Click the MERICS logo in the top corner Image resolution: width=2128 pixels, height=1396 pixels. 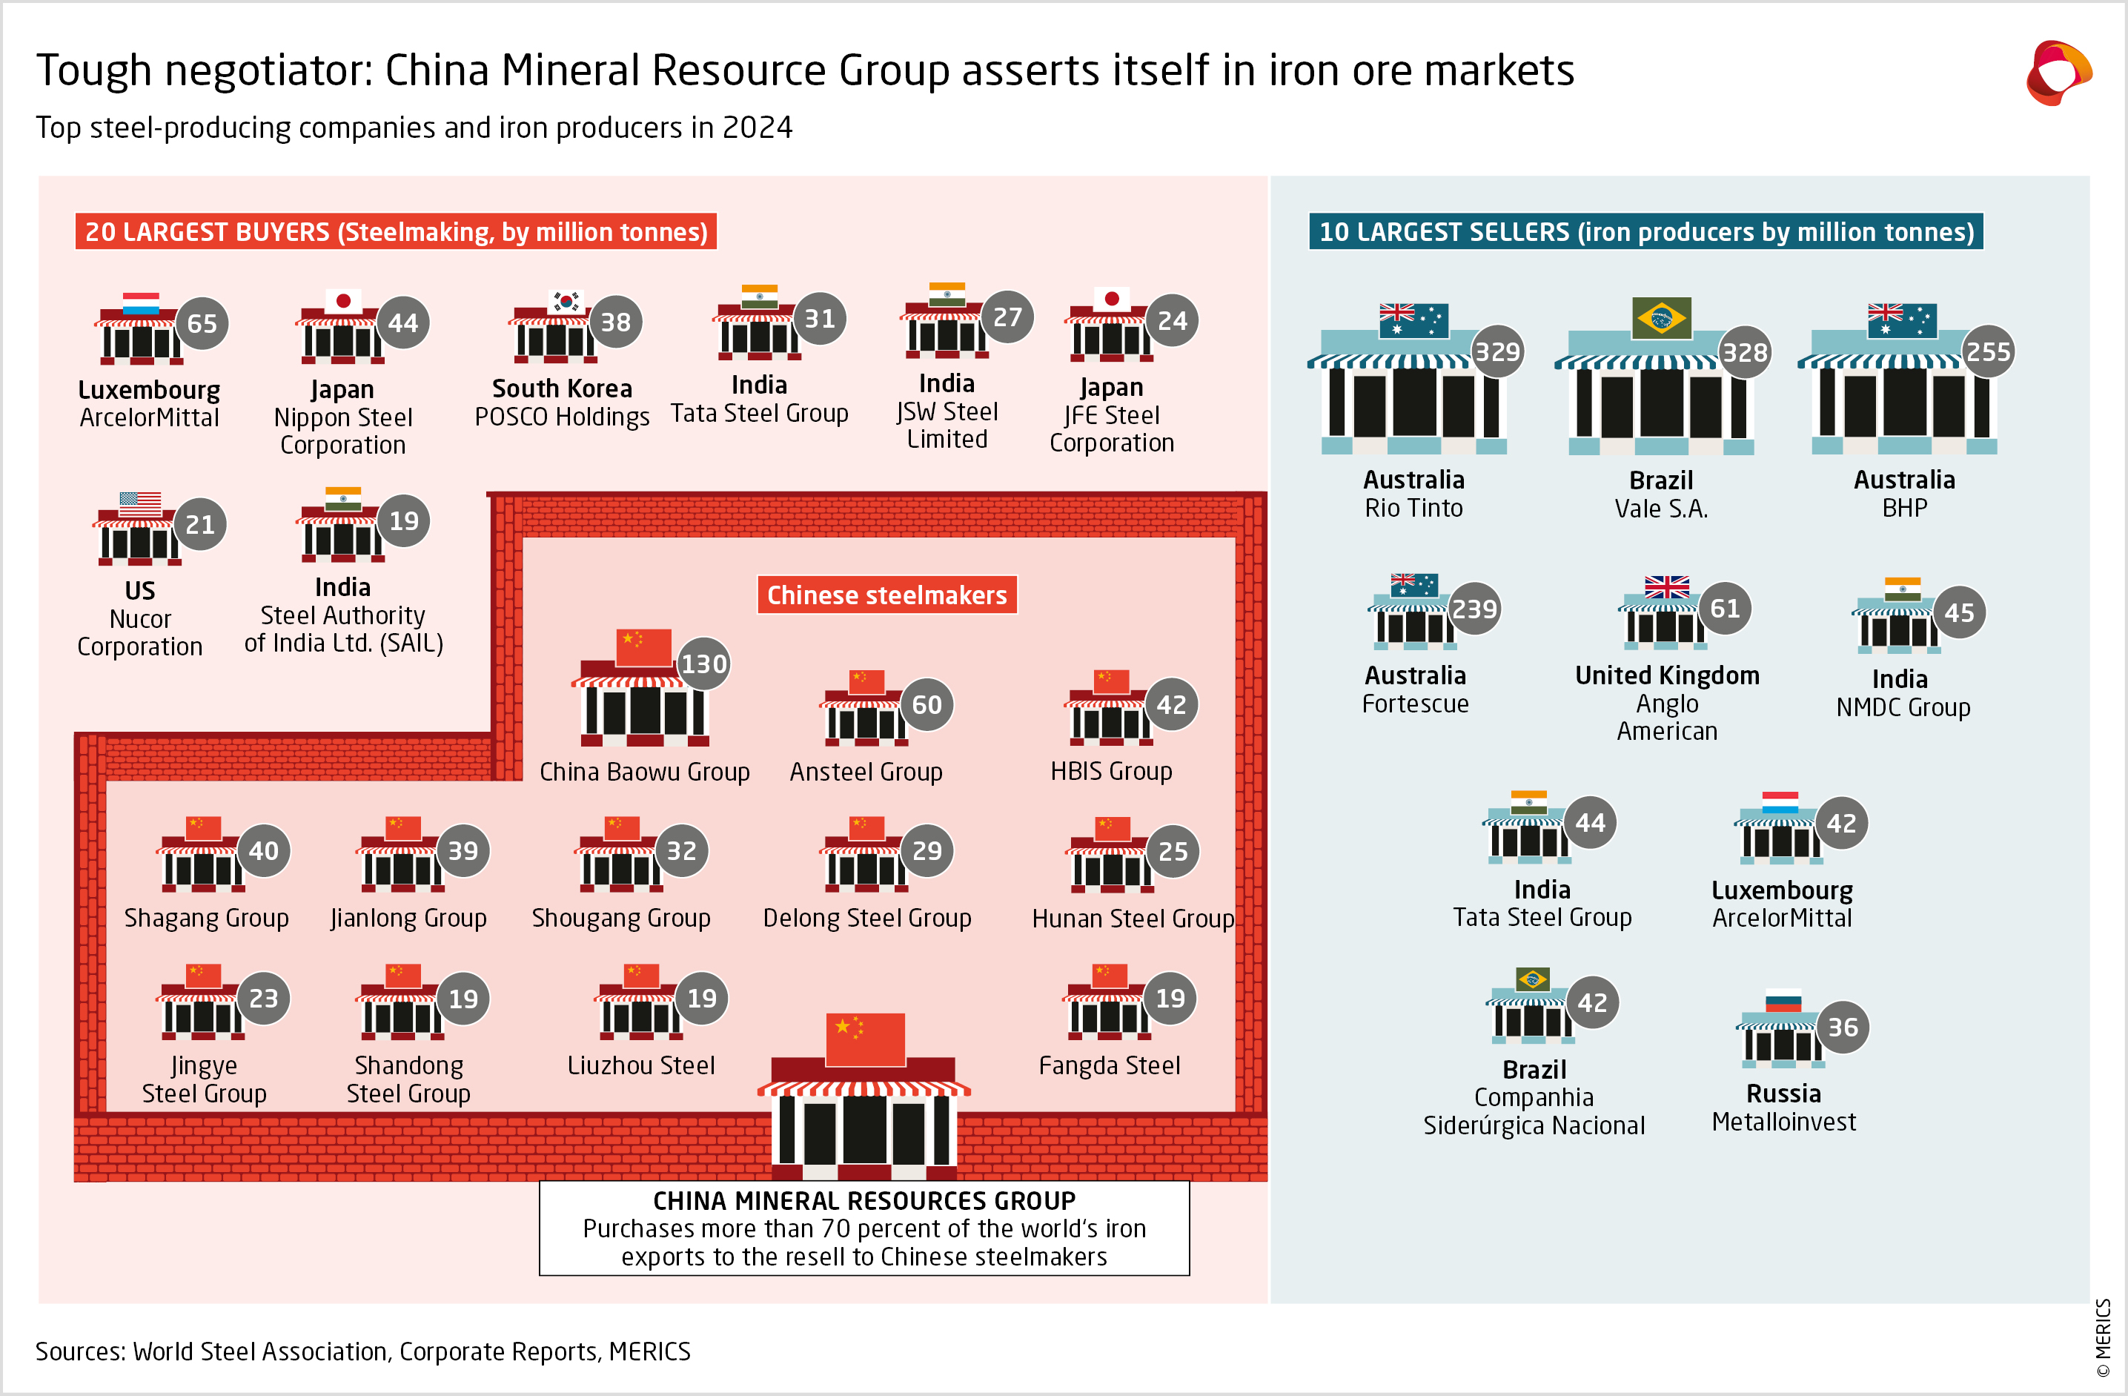pos(2058,73)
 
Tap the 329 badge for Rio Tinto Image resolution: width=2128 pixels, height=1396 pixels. pos(1496,351)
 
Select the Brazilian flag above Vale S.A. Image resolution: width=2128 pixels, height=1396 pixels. pos(1661,318)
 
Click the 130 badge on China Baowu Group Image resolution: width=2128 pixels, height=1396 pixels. pos(703,664)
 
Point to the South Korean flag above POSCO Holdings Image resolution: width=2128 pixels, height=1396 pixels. pos(565,302)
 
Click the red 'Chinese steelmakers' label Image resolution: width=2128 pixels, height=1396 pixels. pos(886,595)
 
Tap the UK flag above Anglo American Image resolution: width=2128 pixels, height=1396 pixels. pos(1667,586)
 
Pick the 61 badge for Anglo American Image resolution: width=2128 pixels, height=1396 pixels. pos(1725,609)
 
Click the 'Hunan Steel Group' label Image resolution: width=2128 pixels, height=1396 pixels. pos(1132,919)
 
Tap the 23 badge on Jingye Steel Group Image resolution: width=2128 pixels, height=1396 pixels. pos(264,998)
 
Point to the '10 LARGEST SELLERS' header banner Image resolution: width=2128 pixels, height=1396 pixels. pos(1645,231)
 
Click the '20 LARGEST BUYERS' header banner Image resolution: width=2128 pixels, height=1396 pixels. pos(396,231)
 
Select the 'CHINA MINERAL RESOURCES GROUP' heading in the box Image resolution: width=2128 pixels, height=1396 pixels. pos(864,1200)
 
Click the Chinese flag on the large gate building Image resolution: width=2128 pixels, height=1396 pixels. pos(864,1038)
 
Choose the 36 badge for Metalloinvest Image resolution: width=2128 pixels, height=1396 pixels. pos(1843,1027)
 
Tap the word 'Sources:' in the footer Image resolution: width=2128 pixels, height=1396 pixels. pos(81,1352)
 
